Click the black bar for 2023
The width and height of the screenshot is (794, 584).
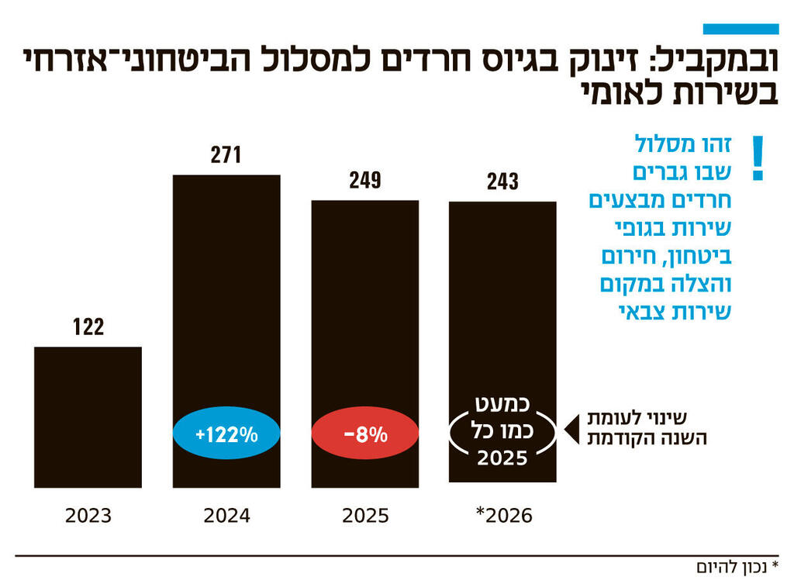(x=88, y=416)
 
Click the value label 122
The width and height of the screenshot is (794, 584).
(x=88, y=327)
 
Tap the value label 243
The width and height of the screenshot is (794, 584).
(x=502, y=182)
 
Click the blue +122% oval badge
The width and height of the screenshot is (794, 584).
(x=226, y=434)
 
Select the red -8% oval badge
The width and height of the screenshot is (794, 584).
(x=364, y=434)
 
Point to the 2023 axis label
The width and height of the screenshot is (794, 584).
(x=88, y=516)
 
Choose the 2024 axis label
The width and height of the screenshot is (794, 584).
(x=226, y=516)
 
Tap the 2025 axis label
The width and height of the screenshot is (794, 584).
(x=364, y=516)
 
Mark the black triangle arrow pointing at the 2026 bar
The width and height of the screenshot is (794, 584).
(x=568, y=427)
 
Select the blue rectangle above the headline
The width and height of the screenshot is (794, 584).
(x=740, y=29)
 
